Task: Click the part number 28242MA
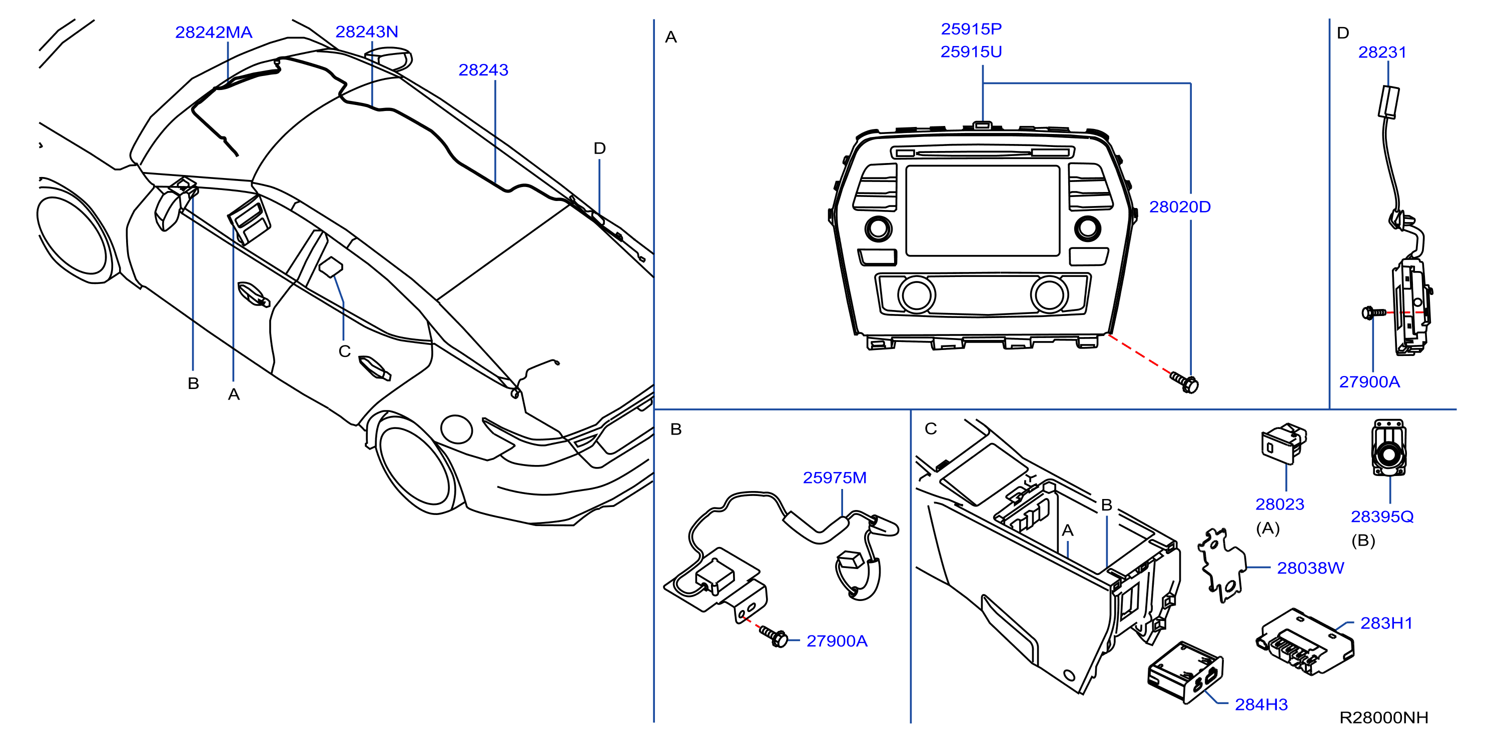click(214, 32)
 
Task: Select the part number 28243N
click(367, 32)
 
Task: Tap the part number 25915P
click(971, 29)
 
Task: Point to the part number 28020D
click(1180, 207)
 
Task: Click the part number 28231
click(1382, 52)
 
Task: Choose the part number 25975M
click(835, 477)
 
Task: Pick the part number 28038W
click(1310, 568)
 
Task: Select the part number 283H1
click(1386, 623)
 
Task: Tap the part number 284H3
click(1261, 704)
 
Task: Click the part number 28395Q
click(1382, 516)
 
